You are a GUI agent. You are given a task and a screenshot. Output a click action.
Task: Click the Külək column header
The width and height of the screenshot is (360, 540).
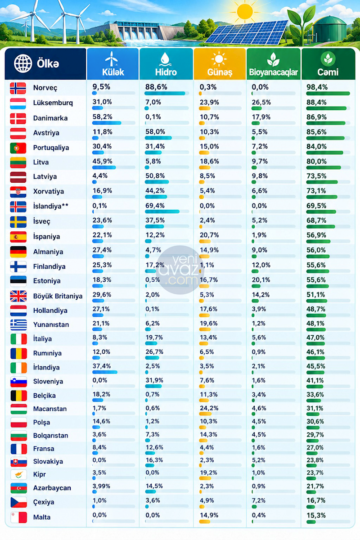pyautogui.click(x=113, y=64)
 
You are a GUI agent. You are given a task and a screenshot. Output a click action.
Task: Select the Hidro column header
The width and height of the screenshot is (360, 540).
pyautogui.click(x=166, y=64)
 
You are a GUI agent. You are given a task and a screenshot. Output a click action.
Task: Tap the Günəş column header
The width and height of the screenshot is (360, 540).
pyautogui.click(x=220, y=64)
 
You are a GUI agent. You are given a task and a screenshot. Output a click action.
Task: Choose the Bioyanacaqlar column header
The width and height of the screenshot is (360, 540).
pyautogui.click(x=274, y=64)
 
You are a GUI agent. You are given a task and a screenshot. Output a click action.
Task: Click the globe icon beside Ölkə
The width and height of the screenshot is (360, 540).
pyautogui.click(x=23, y=63)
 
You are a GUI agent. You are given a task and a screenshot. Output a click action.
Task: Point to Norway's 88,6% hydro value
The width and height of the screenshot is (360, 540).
pyautogui.click(x=156, y=87)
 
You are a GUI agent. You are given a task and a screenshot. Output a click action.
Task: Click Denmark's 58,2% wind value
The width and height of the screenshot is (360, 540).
pyautogui.click(x=103, y=117)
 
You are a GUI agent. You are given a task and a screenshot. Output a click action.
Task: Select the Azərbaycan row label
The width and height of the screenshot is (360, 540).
pyautogui.click(x=52, y=488)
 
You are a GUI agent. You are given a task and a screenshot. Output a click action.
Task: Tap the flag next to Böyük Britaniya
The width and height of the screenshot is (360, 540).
pyautogui.click(x=18, y=296)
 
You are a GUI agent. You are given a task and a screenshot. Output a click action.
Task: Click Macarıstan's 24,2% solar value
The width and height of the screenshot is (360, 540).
pyautogui.click(x=209, y=408)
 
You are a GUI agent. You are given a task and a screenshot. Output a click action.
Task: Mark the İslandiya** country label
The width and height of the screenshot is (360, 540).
pyautogui.click(x=51, y=207)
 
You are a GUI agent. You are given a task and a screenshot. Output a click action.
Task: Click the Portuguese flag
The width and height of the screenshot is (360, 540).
pyautogui.click(x=18, y=148)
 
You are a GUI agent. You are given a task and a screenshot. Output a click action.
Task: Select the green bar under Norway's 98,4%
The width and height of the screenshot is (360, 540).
pyautogui.click(x=328, y=94)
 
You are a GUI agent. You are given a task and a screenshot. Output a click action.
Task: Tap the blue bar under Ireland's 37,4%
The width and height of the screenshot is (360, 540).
pyautogui.click(x=105, y=372)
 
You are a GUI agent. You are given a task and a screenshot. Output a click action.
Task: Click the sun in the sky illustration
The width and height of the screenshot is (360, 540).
pyautogui.click(x=245, y=11)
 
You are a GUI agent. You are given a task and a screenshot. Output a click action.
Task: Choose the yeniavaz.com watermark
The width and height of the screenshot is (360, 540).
pyautogui.click(x=180, y=270)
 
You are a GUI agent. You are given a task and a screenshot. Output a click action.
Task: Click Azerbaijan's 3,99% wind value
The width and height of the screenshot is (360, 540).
pyautogui.click(x=101, y=486)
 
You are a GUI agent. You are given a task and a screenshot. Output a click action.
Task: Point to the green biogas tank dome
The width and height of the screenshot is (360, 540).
pyautogui.click(x=329, y=20)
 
